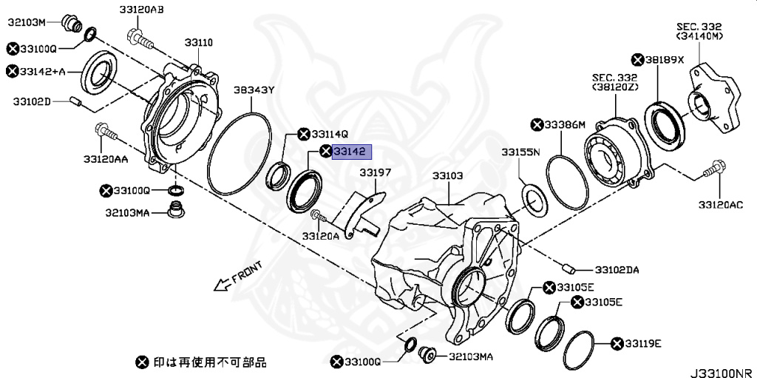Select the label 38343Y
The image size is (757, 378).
(254, 90)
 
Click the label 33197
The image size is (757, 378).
(375, 172)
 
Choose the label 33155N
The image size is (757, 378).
(520, 152)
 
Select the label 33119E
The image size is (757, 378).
(642, 344)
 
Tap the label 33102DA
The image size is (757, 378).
(617, 270)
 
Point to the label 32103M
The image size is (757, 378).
(27, 22)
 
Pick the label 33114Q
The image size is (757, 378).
(329, 135)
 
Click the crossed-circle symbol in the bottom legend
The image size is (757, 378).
(142, 362)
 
